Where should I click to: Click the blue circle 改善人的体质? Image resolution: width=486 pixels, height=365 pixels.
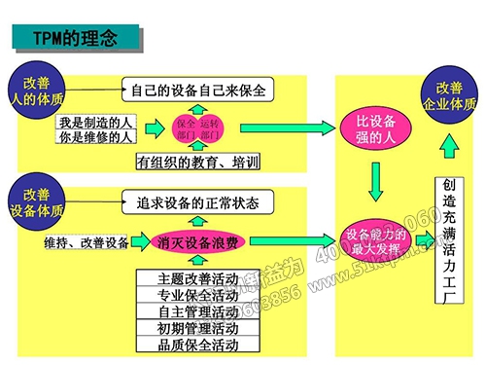pos(36,90)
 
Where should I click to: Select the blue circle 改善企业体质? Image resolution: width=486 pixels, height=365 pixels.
pos(449,94)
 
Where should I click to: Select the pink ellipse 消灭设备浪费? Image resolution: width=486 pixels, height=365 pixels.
pos(201,241)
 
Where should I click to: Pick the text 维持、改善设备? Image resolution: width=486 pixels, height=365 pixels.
pos(86,241)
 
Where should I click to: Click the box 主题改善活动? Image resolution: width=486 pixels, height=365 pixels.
pos(197,278)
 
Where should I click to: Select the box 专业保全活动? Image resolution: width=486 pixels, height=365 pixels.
pos(197,295)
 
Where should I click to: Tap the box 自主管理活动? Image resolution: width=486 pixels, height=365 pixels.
pos(197,311)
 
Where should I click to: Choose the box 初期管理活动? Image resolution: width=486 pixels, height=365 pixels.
pos(197,328)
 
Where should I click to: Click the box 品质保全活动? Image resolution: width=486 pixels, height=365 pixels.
pos(197,345)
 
